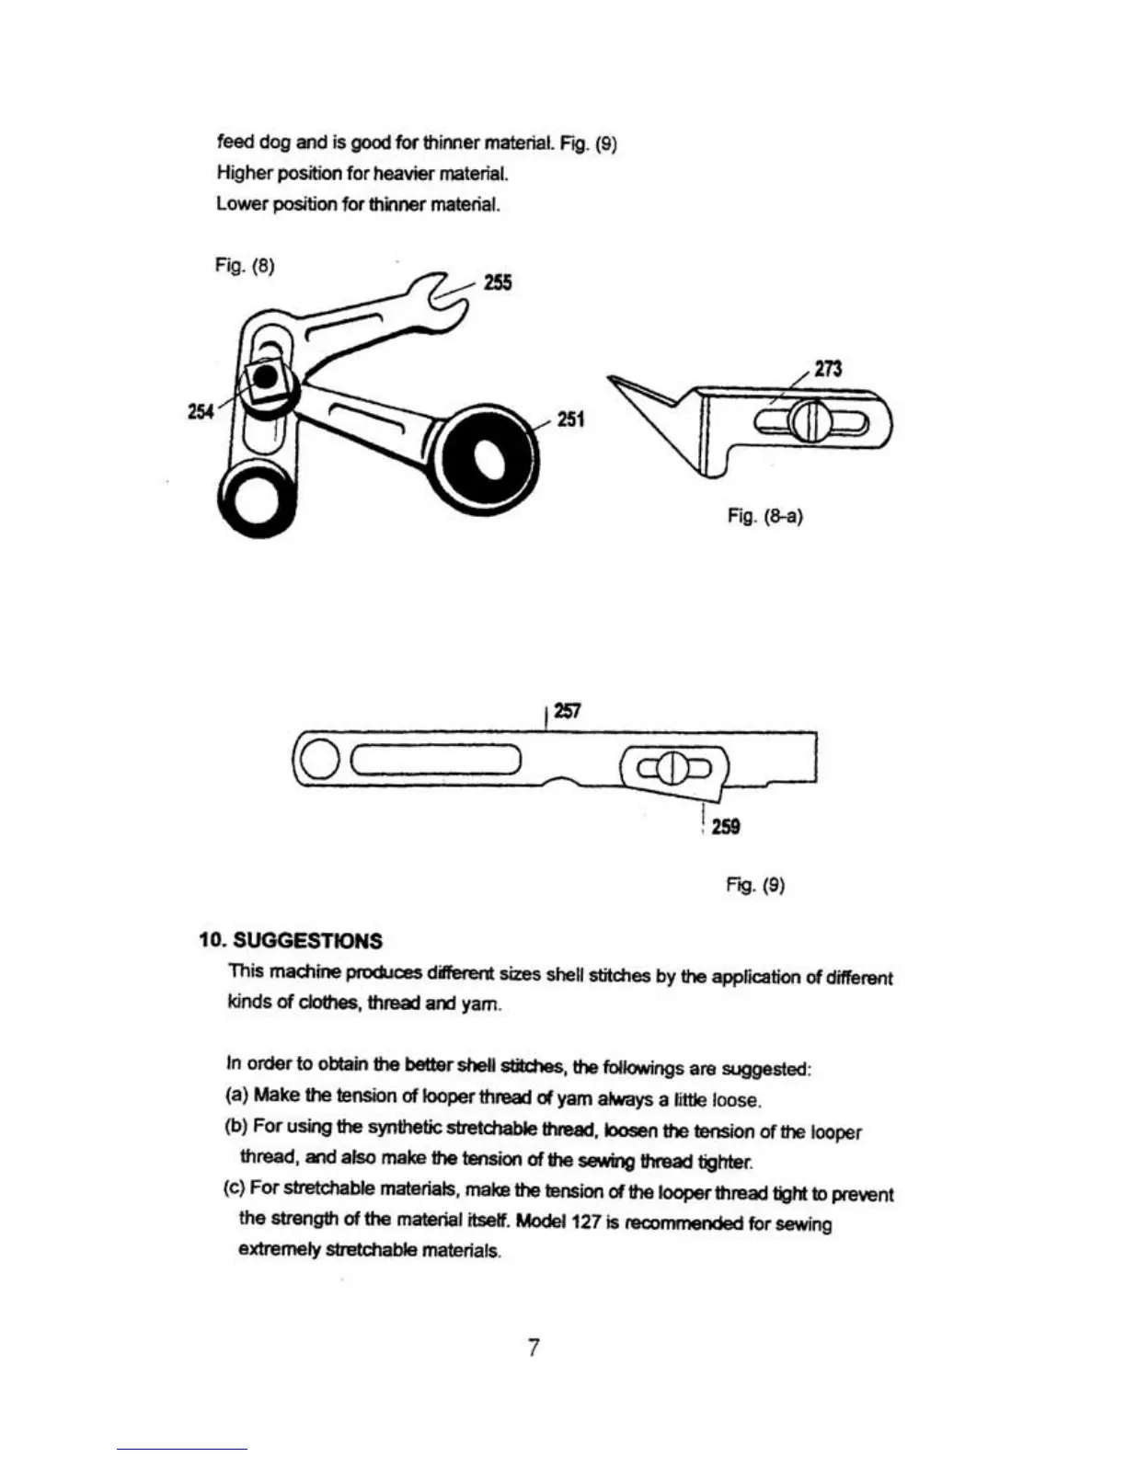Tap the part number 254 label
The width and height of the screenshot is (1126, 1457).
(x=201, y=412)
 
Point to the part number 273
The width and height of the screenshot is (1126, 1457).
(x=828, y=369)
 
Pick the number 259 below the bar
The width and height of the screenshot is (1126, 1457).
(x=725, y=827)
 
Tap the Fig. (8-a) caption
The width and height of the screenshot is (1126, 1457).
(x=764, y=516)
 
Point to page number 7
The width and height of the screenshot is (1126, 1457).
(x=534, y=1348)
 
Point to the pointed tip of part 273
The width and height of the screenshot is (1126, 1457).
(x=612, y=378)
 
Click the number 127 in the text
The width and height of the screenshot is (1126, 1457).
(x=588, y=1222)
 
